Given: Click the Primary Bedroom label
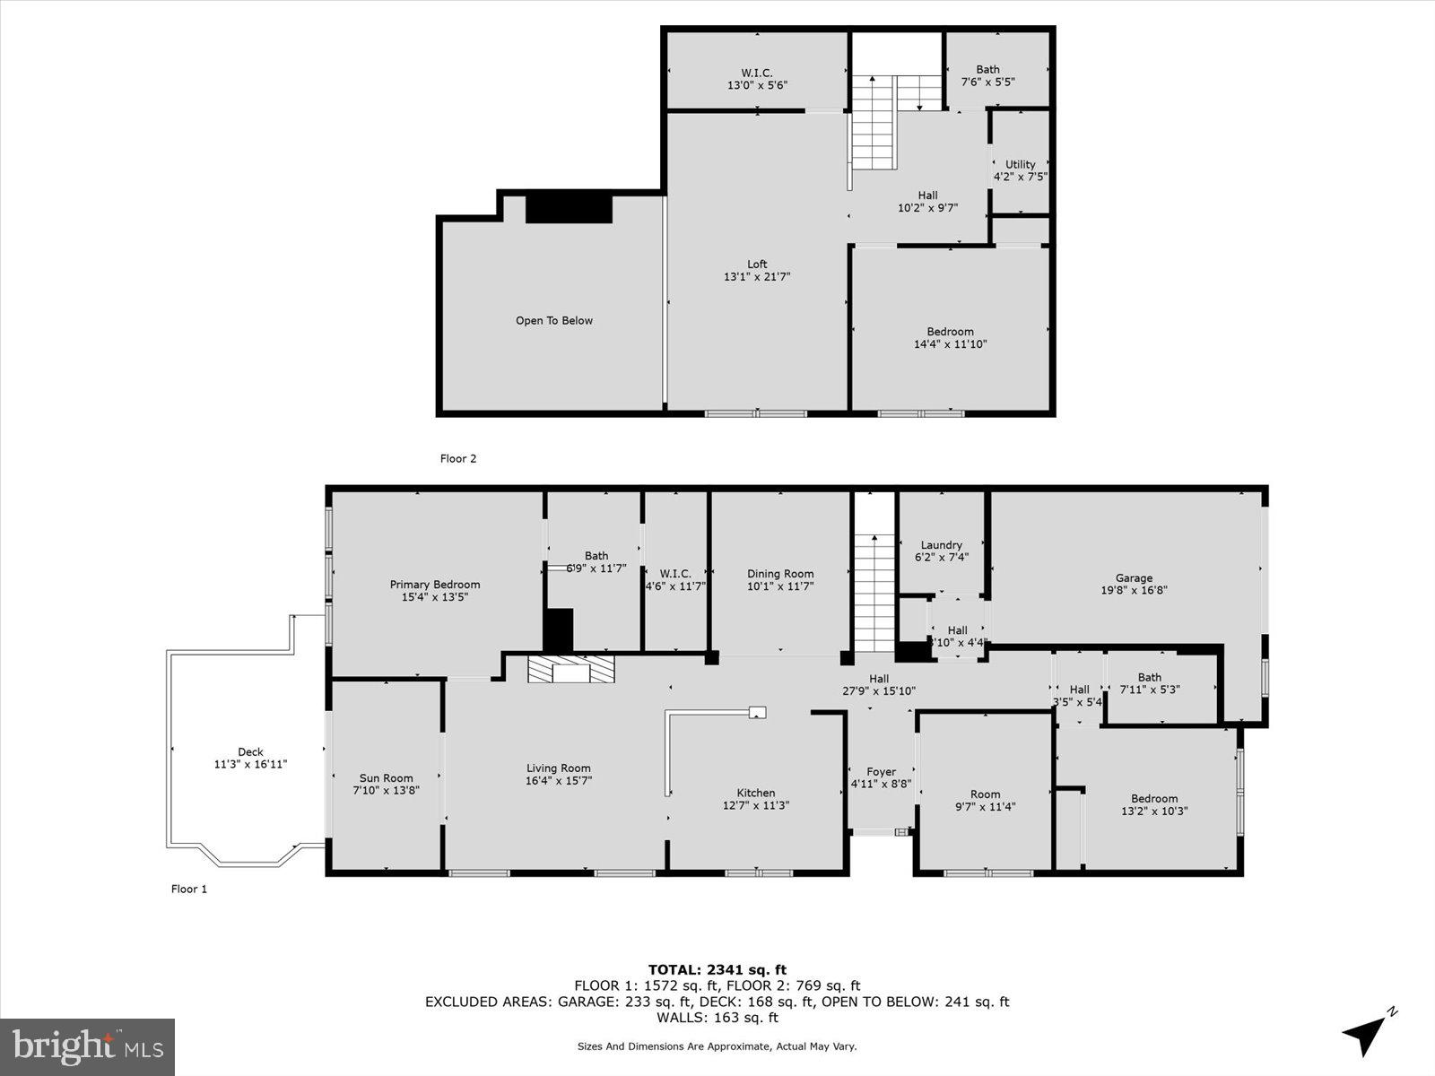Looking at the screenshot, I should pyautogui.click(x=435, y=585).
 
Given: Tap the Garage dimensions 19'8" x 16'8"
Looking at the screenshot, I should pyautogui.click(x=1134, y=591).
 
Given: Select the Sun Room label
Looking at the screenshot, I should pyautogui.click(x=386, y=778).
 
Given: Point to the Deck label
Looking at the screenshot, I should pyautogui.click(x=250, y=752).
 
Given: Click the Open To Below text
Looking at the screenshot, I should pyautogui.click(x=553, y=320).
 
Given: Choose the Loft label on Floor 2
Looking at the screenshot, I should pyautogui.click(x=757, y=265).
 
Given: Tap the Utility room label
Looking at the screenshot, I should pyautogui.click(x=1020, y=164).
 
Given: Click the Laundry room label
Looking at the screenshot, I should pyautogui.click(x=941, y=545).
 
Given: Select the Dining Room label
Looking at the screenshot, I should pyautogui.click(x=780, y=574).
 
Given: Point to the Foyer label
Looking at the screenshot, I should pyautogui.click(x=881, y=772).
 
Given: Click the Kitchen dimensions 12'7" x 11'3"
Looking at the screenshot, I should pyautogui.click(x=756, y=805).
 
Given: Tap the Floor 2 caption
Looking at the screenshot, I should pyautogui.click(x=457, y=459).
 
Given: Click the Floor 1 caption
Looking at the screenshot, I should pyautogui.click(x=189, y=889).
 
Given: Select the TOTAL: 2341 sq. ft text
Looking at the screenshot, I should pyautogui.click(x=717, y=969).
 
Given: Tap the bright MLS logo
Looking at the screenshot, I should pyautogui.click(x=87, y=1046).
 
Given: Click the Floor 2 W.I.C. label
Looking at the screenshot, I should pyautogui.click(x=757, y=73).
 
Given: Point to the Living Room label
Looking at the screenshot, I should pyautogui.click(x=558, y=768).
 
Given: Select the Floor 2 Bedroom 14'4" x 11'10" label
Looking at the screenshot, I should pyautogui.click(x=950, y=332).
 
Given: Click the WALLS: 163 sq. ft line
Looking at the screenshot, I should pyautogui.click(x=717, y=1018).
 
